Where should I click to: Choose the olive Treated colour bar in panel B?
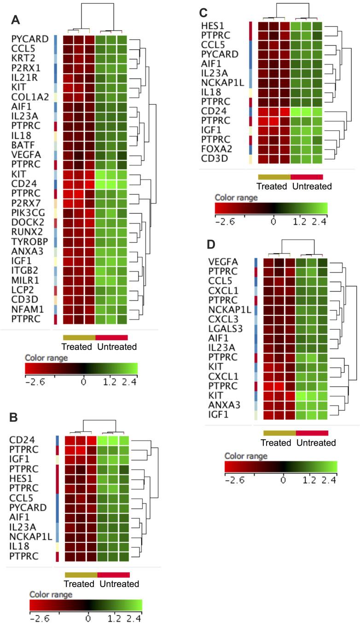coord(81,574)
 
